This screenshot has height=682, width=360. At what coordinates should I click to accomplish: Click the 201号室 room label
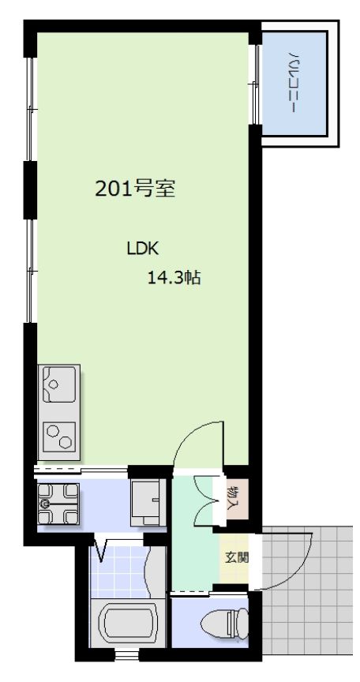click(x=134, y=189)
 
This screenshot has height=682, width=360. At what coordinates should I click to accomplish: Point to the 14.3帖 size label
click(x=173, y=278)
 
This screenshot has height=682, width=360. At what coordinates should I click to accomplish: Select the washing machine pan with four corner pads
click(x=58, y=503)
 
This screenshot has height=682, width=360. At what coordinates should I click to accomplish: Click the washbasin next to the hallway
click(x=147, y=499)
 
